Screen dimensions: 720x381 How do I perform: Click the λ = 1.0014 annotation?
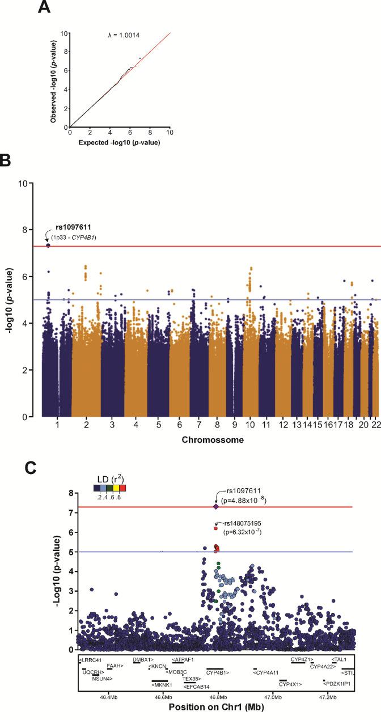coord(124,36)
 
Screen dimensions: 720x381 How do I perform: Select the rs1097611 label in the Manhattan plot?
coord(77,227)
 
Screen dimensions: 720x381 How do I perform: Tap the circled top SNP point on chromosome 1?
coord(48,245)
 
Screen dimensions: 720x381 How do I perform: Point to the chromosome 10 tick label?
coord(251,424)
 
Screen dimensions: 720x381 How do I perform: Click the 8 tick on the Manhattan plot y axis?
coord(23,230)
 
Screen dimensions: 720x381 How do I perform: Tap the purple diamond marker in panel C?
coord(215,507)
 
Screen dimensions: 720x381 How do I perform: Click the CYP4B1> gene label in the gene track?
coord(218,673)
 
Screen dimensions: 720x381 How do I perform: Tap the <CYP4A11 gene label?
coord(266,673)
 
